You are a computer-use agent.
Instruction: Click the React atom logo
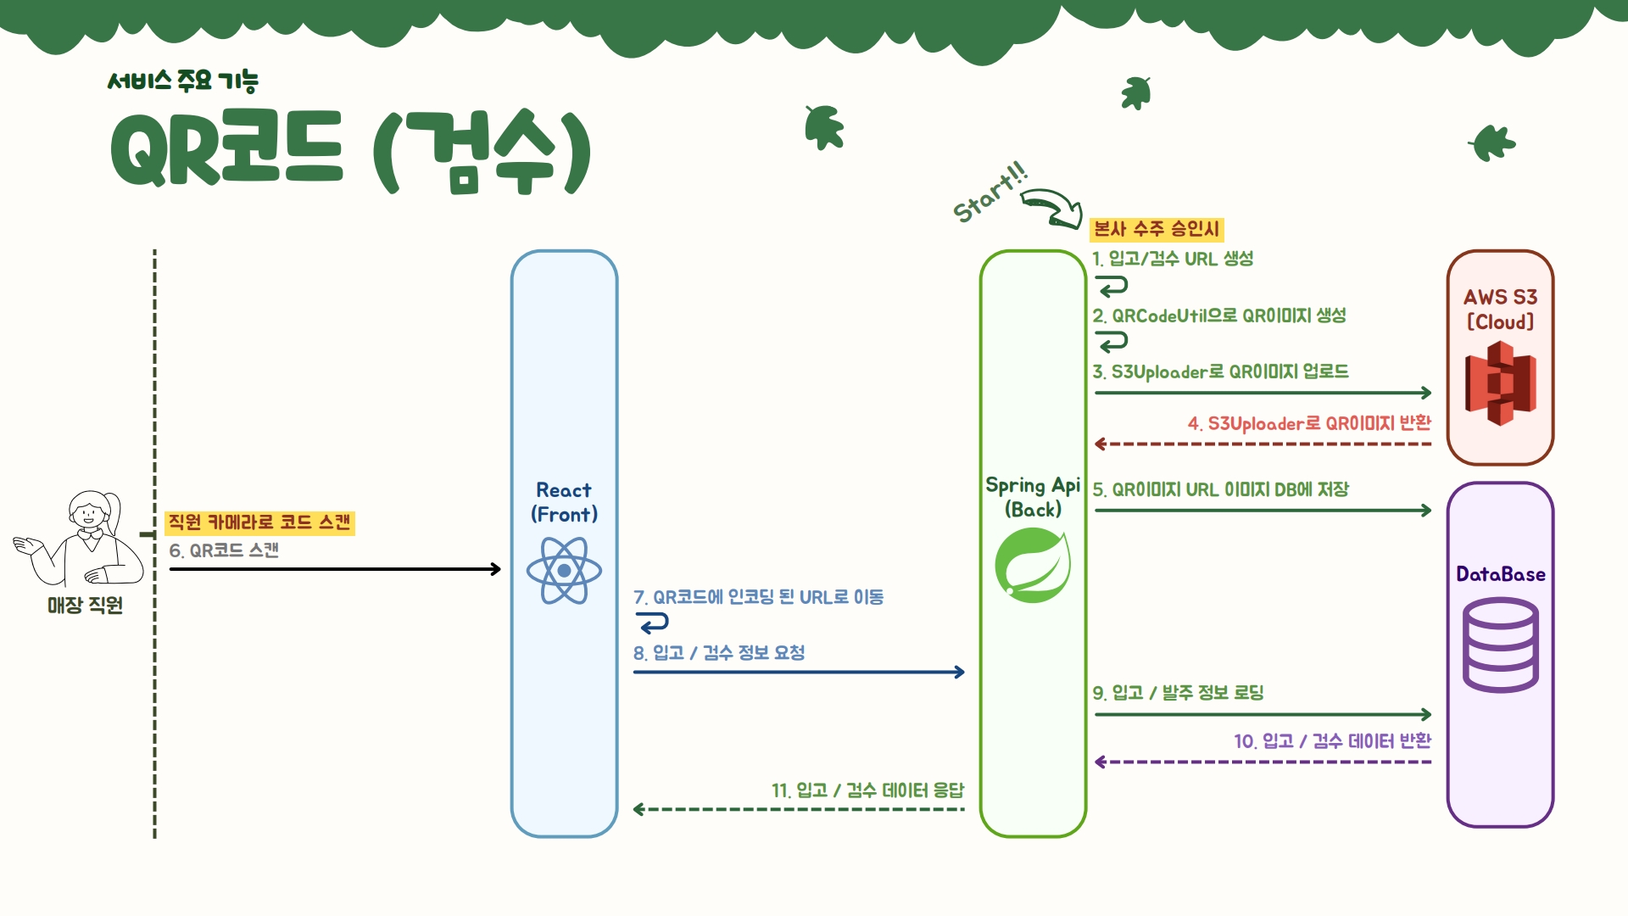tap(564, 571)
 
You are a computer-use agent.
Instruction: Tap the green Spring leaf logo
tap(1033, 565)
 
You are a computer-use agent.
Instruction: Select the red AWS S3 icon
tap(1500, 383)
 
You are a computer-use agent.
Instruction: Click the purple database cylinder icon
tap(1500, 645)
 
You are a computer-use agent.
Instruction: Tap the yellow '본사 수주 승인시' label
tap(1157, 229)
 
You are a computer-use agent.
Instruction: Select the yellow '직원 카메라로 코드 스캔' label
tap(259, 522)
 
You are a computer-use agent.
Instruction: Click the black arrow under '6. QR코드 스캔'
tap(335, 569)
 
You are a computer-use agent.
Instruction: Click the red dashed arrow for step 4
tap(1263, 444)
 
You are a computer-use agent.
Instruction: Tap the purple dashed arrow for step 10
tap(1263, 762)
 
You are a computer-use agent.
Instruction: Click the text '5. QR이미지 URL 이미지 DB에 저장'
tap(1220, 490)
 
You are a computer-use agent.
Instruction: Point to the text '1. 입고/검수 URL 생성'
tap(1173, 259)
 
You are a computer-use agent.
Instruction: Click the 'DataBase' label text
tap(1500, 574)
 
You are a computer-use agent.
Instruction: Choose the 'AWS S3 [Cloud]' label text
tap(1500, 310)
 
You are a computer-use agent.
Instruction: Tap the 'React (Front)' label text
tap(564, 502)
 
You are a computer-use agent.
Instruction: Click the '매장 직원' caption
tap(85, 606)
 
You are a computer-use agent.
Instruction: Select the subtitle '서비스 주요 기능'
tap(182, 81)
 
